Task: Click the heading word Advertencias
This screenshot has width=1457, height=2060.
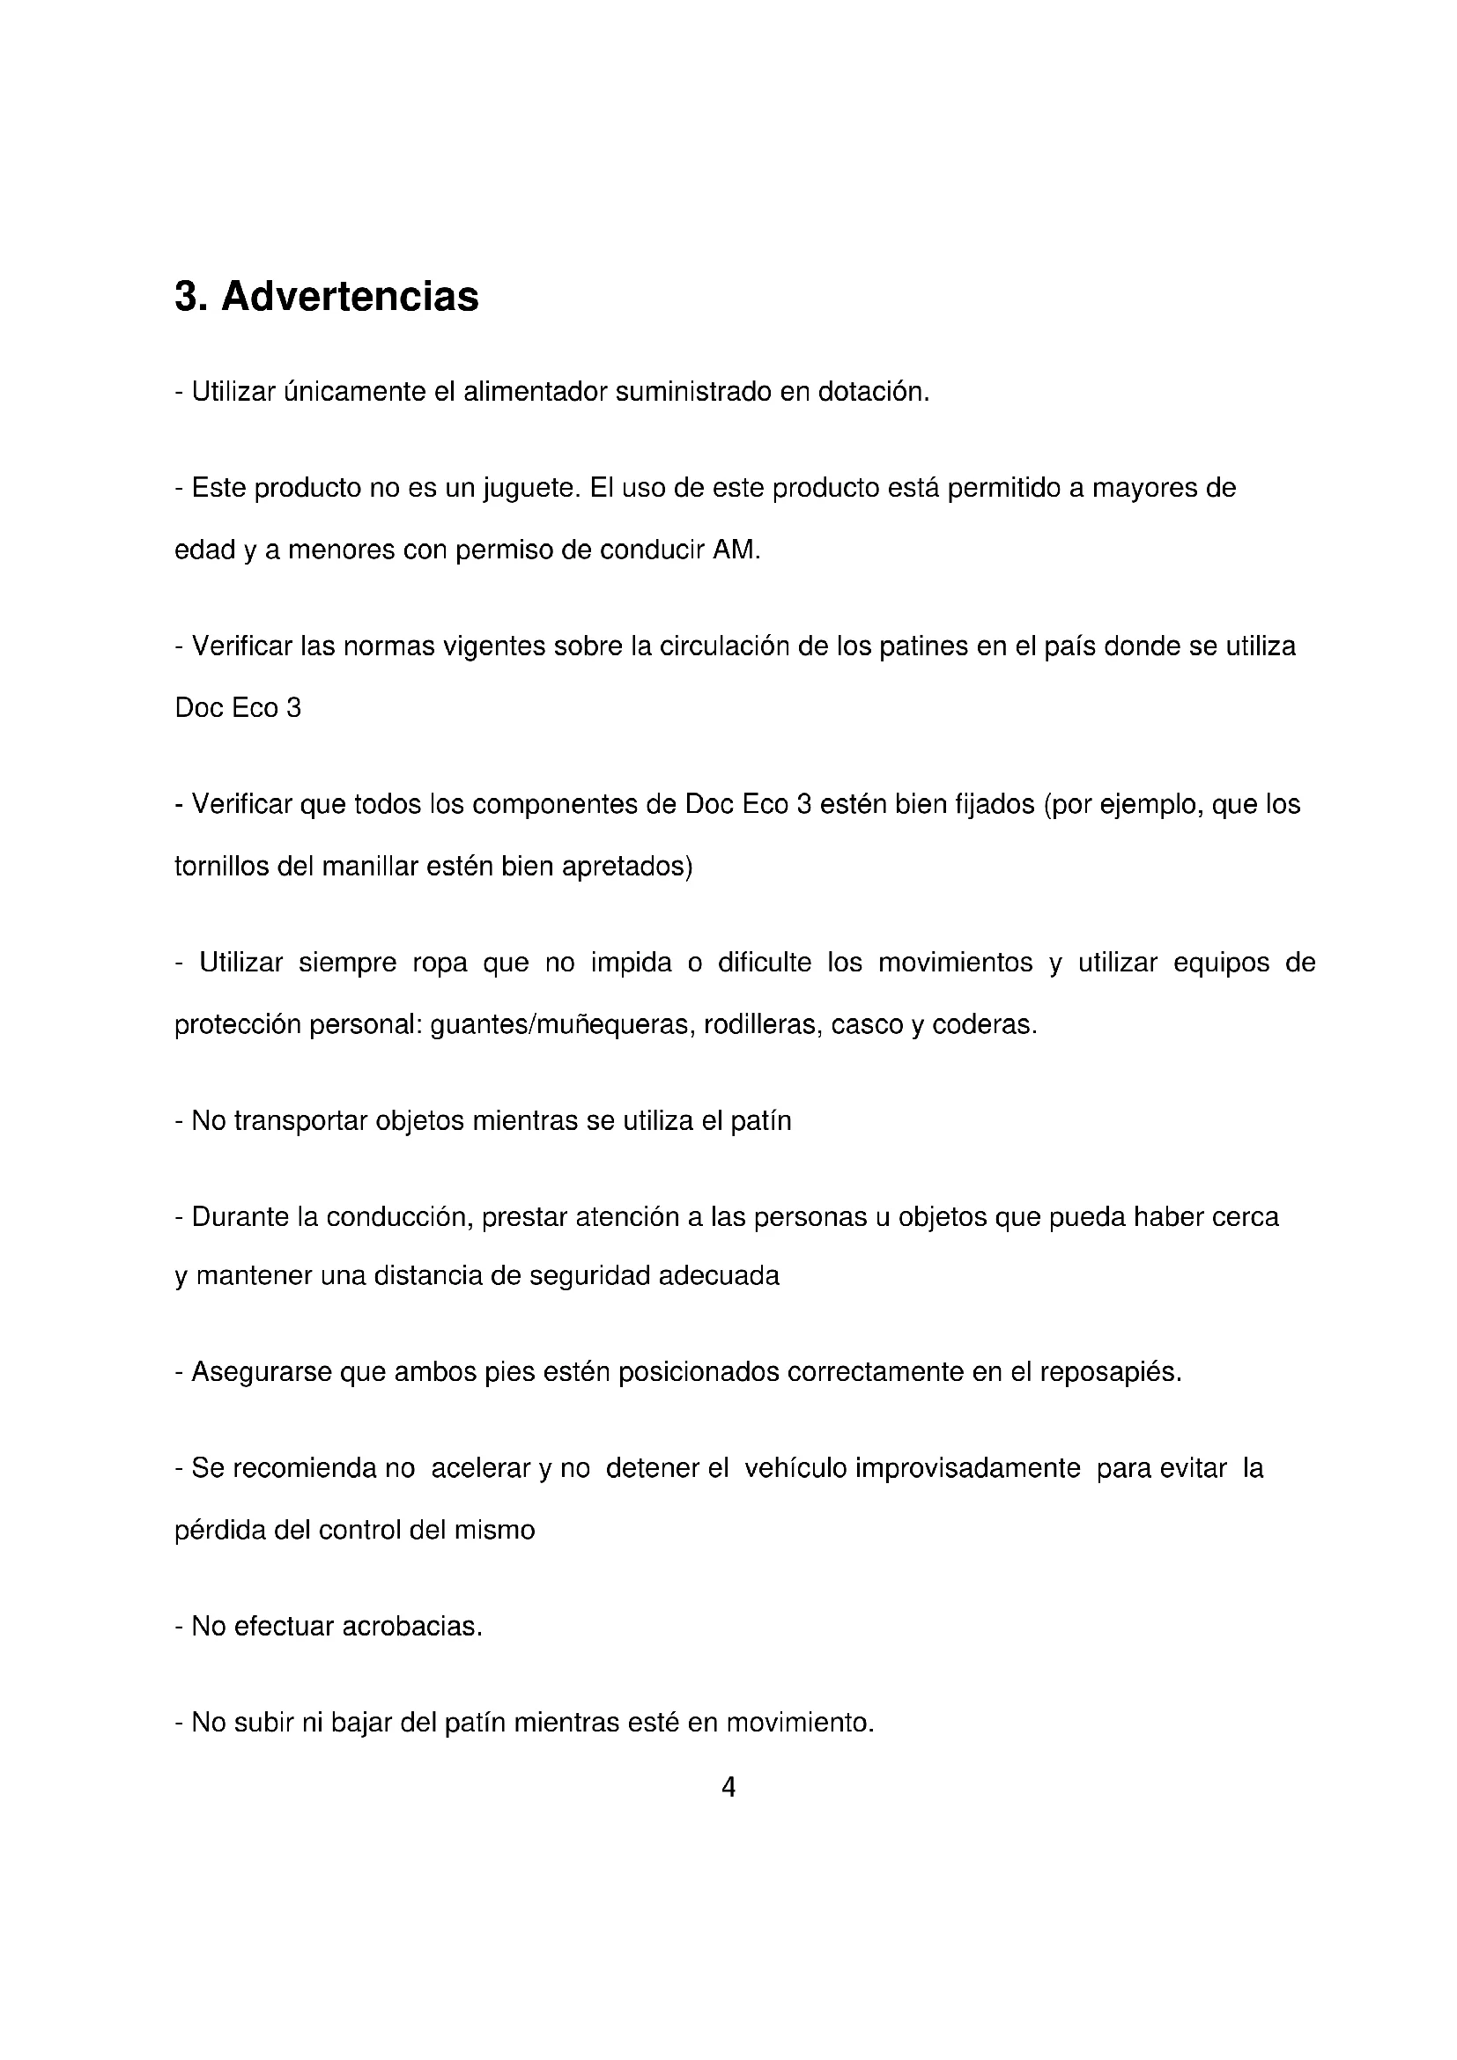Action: point(350,297)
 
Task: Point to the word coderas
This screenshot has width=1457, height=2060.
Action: point(984,1024)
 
